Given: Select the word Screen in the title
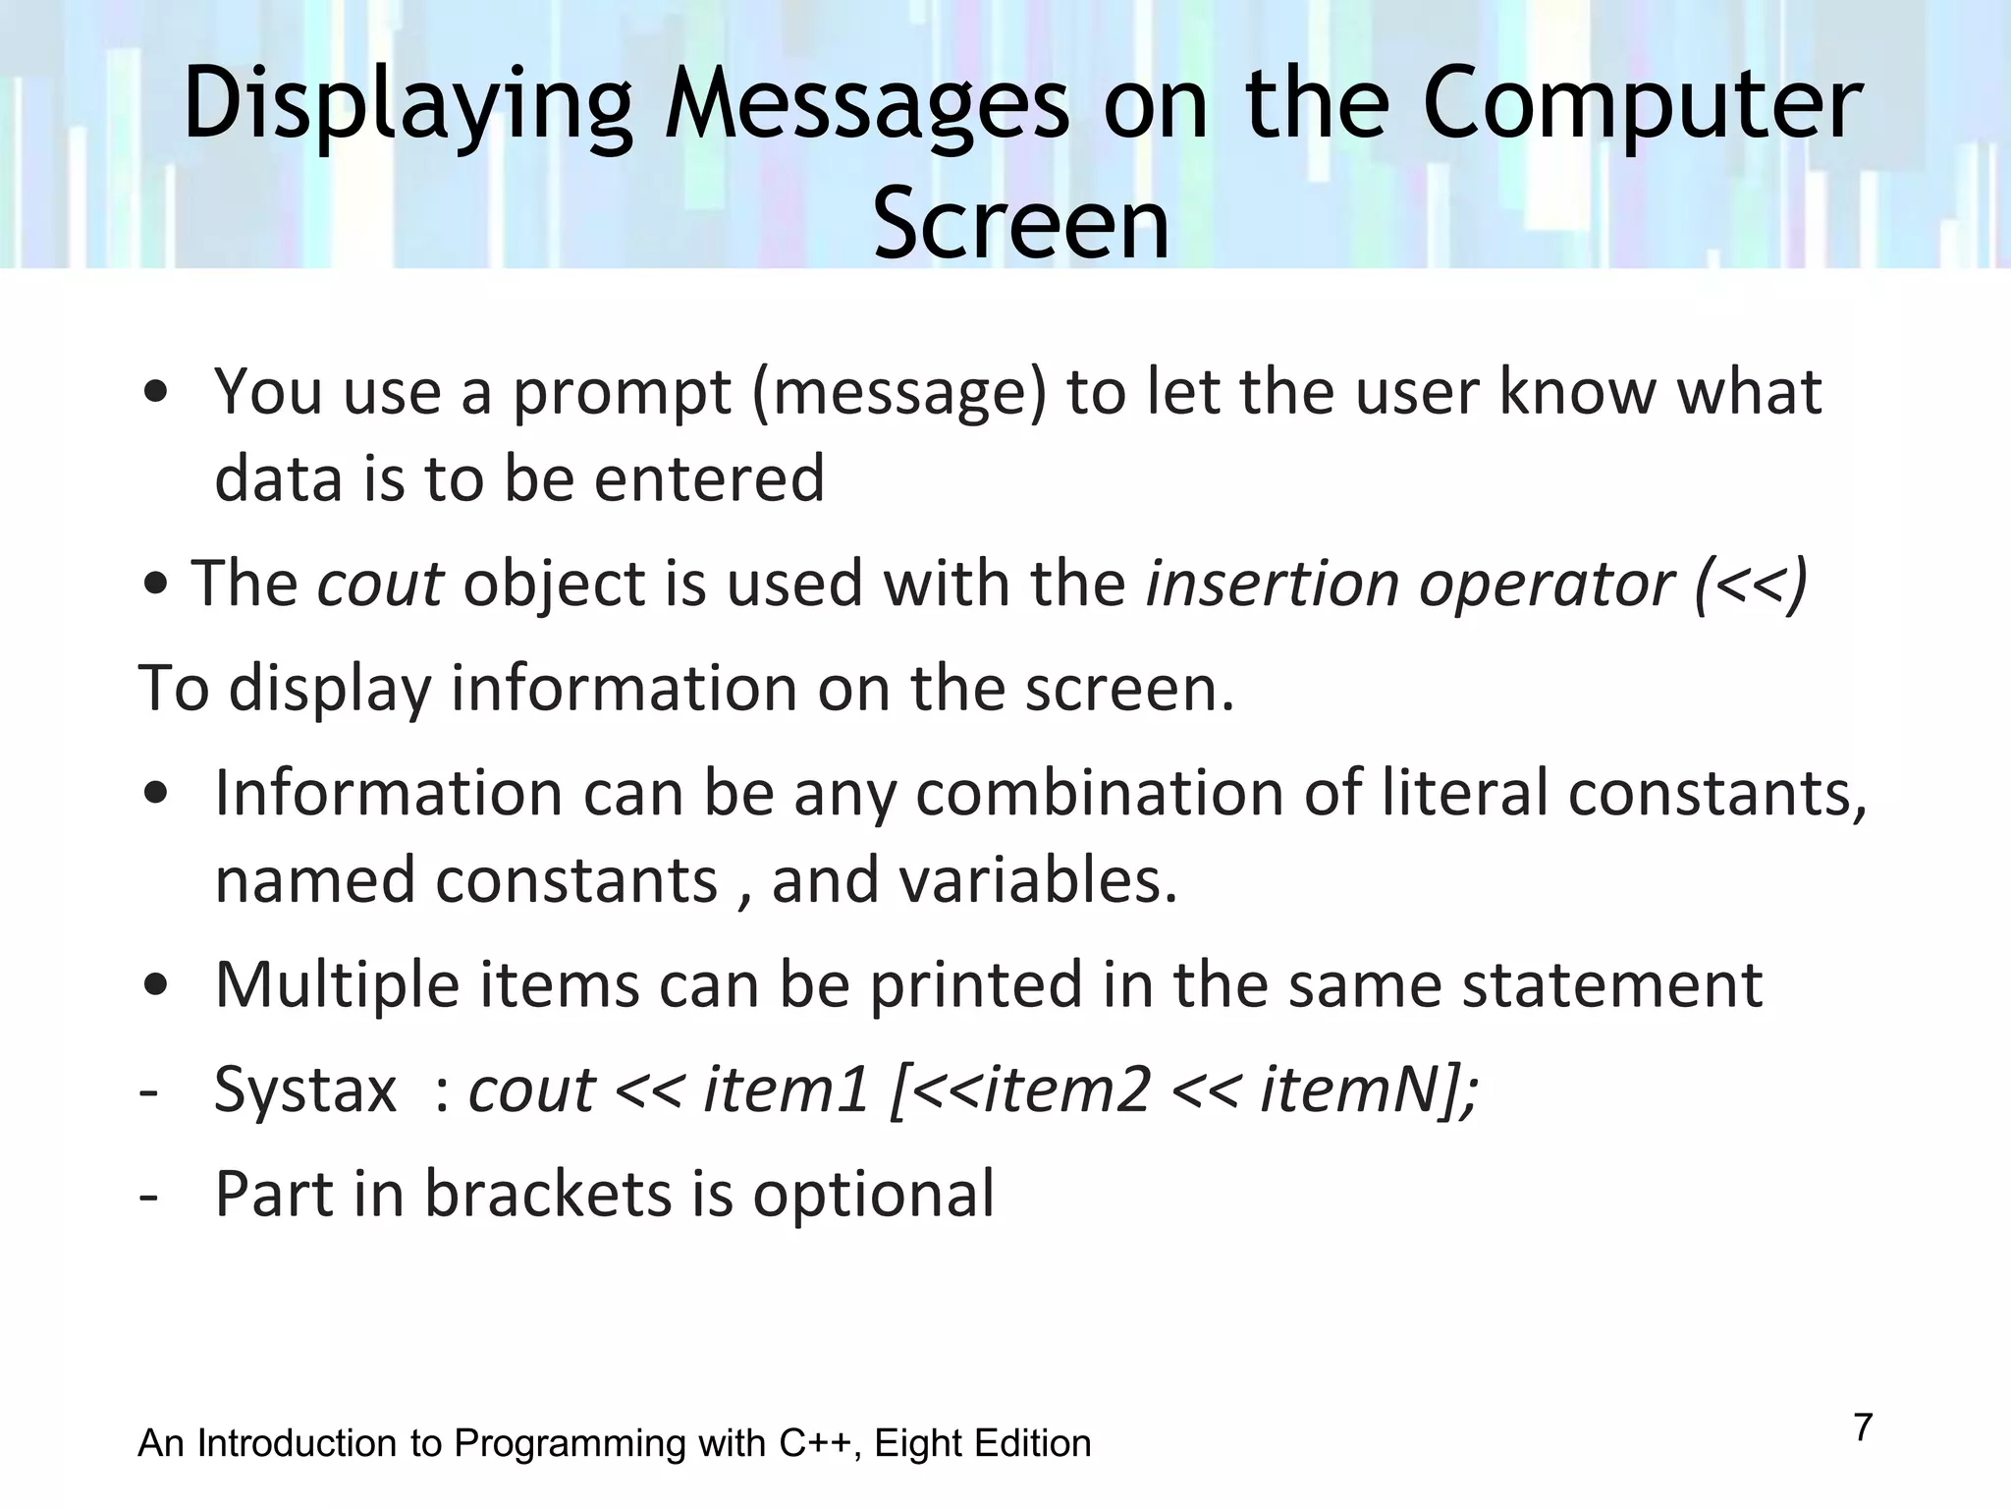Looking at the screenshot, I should tap(1021, 224).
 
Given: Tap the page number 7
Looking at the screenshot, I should tap(1863, 1426).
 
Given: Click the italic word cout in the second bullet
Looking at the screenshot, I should tap(380, 583).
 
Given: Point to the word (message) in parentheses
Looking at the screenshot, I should tap(898, 391).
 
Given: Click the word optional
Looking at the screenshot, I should tap(873, 1194).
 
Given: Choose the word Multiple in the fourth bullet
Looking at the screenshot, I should tap(337, 983).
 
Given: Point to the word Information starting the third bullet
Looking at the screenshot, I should tap(389, 792).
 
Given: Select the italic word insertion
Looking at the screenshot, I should tap(1273, 583).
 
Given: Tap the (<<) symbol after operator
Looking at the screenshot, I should tap(1750, 585).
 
